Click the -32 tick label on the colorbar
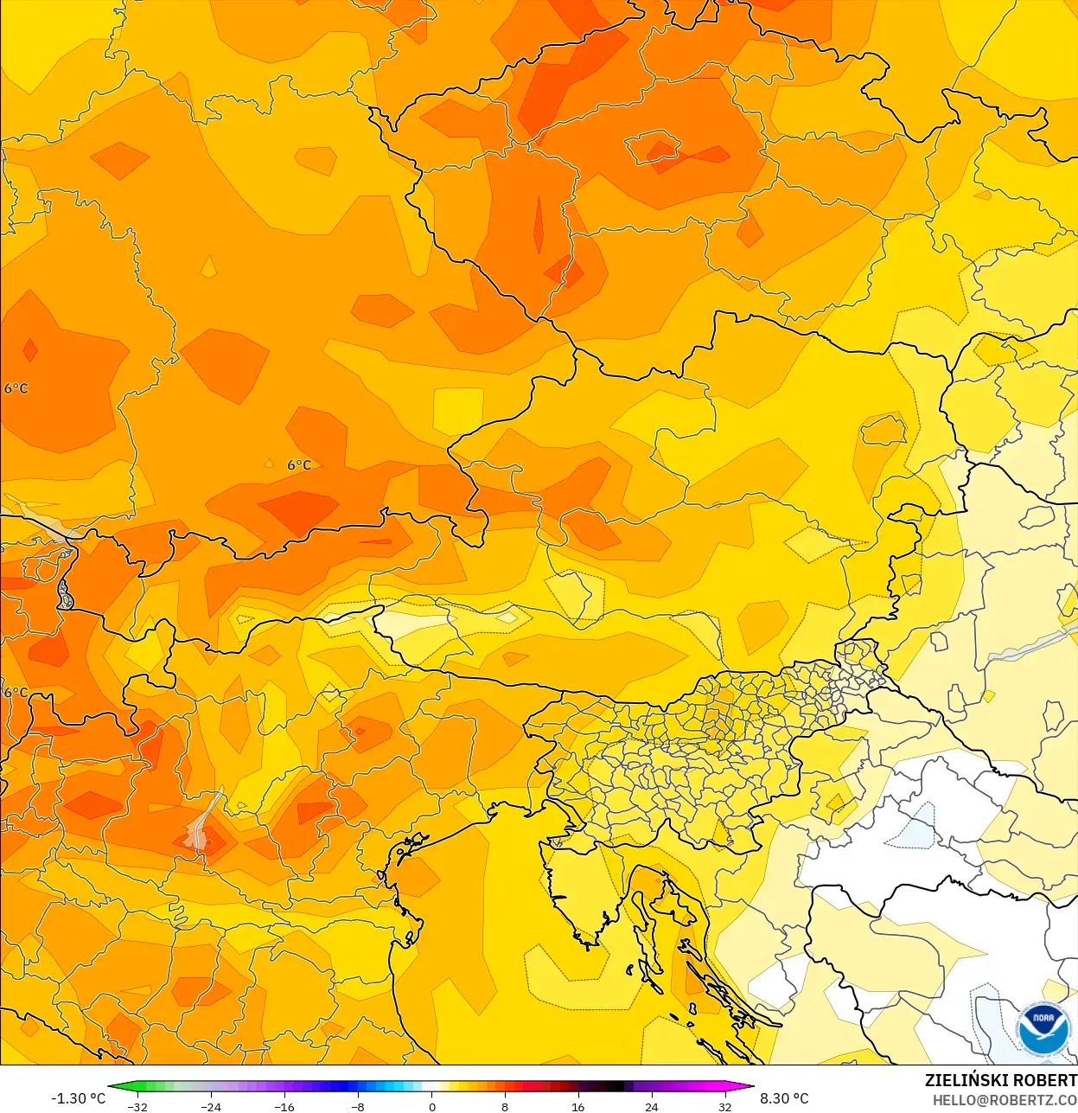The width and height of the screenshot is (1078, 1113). coord(137,1106)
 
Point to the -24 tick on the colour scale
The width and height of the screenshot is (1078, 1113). coord(211,1106)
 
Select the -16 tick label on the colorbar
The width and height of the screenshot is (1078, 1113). coord(284,1106)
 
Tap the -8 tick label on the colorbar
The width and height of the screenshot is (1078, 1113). coord(358,1106)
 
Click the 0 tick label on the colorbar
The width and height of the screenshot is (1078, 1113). coord(432,1106)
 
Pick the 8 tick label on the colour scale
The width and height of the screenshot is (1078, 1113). coord(505,1106)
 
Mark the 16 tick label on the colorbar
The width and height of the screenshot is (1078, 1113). coord(577,1106)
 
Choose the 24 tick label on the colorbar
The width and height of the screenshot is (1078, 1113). coord(651,1106)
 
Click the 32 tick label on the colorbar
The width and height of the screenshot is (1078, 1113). coord(724,1106)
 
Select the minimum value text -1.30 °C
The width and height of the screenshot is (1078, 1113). coord(79,1098)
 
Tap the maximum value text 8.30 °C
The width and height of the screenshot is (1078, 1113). coord(784,1098)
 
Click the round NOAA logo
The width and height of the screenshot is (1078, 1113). coord(1043,1029)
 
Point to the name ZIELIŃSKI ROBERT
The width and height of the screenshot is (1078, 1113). coord(1000,1080)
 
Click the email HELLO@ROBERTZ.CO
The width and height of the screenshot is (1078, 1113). coord(1005,1100)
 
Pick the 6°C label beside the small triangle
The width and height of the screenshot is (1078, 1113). coord(299,465)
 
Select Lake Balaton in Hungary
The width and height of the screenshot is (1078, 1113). coord(1029,645)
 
